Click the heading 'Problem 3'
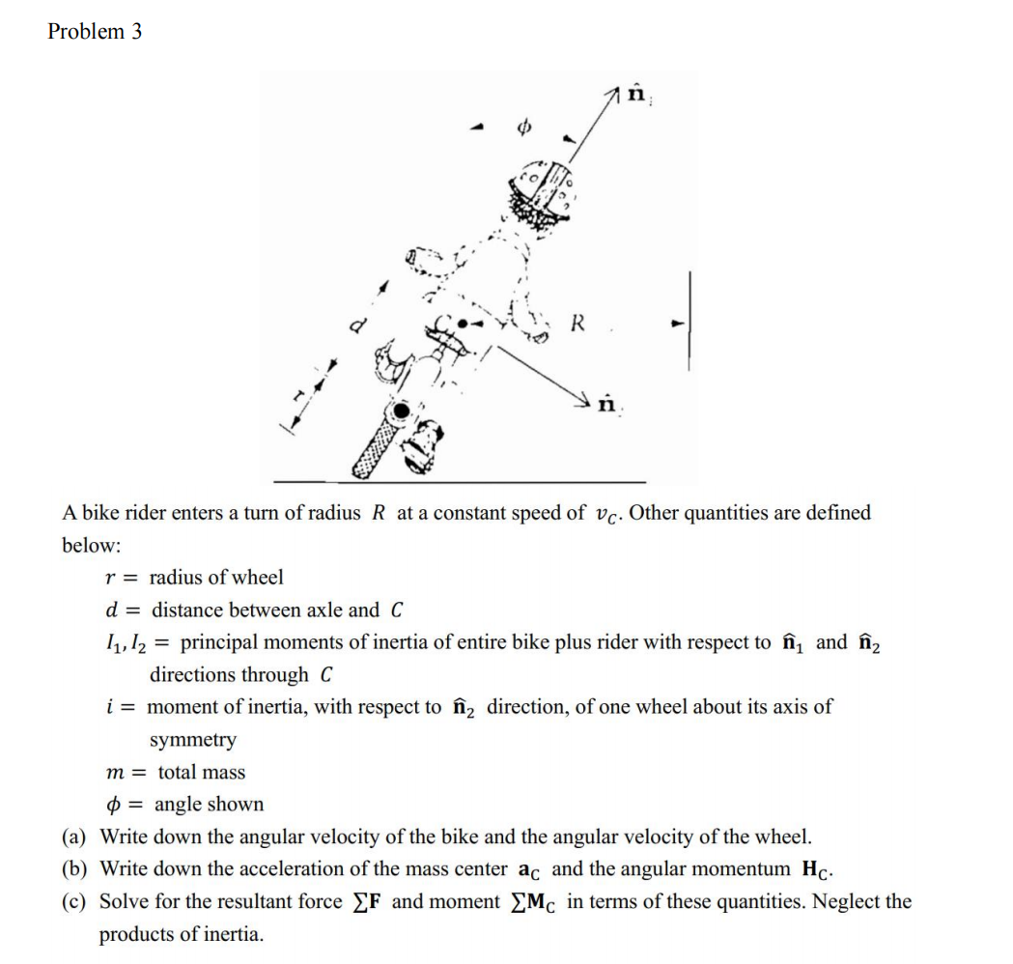tap(95, 31)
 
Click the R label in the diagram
tap(577, 323)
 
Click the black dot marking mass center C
tap(464, 324)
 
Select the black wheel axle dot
tap(395, 412)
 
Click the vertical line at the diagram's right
tap(689, 321)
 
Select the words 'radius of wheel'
tap(216, 578)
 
